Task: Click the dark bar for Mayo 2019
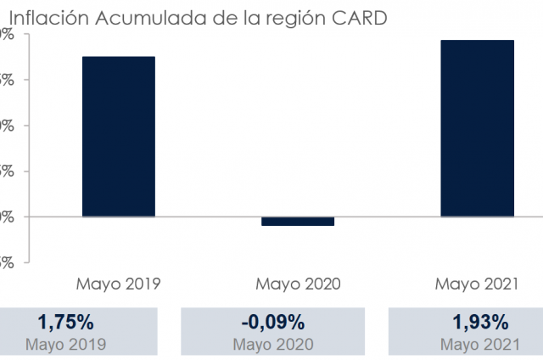(118, 136)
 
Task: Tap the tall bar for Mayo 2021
(477, 127)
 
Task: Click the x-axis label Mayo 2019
(119, 284)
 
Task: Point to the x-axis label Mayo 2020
(298, 284)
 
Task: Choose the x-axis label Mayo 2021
(477, 284)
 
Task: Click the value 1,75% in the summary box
(65, 323)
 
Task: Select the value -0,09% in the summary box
(272, 323)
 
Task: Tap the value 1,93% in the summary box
(480, 323)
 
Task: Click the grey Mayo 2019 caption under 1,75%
(65, 344)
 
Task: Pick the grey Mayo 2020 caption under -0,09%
(272, 344)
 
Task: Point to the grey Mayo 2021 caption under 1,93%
(480, 344)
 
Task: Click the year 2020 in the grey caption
(294, 344)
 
